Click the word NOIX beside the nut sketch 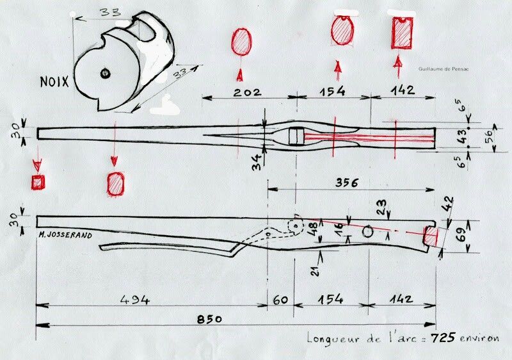point(54,81)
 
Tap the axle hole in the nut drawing point(105,74)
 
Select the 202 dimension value point(248,92)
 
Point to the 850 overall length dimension point(209,319)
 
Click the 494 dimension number point(135,300)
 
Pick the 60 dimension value point(280,300)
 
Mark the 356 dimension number point(347,183)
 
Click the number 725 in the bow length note point(443,338)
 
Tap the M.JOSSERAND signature point(65,235)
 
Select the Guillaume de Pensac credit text point(444,69)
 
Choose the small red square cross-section point(38,182)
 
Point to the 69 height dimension point(461,236)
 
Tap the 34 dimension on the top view point(258,162)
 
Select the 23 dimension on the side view point(382,207)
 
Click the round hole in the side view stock point(368,232)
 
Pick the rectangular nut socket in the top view point(296,136)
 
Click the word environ point(479,338)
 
